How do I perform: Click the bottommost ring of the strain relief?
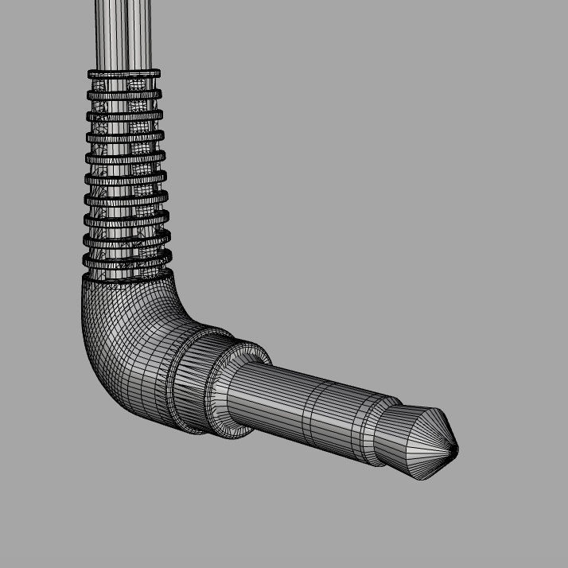(x=127, y=260)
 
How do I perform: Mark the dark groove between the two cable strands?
(x=123, y=32)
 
